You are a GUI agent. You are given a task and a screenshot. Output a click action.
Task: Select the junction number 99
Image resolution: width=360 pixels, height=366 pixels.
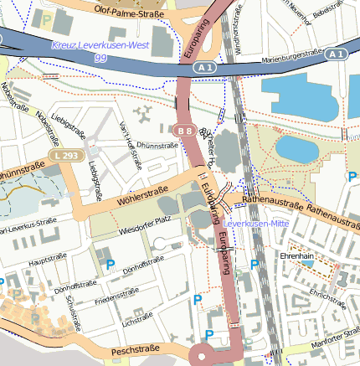tap(100, 57)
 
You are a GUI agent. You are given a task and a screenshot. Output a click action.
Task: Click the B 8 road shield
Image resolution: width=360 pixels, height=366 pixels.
tap(185, 131)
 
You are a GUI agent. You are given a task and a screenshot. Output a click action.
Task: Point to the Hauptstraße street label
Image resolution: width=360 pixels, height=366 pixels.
tap(47, 261)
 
